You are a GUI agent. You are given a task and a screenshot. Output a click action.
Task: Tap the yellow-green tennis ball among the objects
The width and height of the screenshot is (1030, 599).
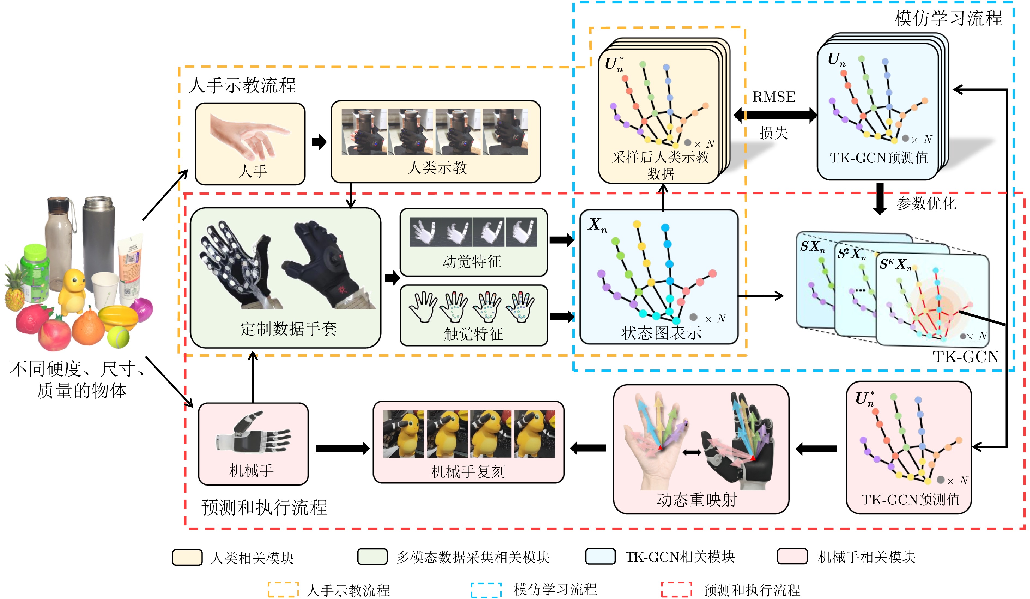[x=119, y=336]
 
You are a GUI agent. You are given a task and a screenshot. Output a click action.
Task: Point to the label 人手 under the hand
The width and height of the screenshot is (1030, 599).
[x=253, y=171]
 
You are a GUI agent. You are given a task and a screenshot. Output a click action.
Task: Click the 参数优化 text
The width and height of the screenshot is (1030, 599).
[x=926, y=203]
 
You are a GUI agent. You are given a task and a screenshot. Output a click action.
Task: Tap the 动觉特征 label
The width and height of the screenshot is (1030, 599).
[x=472, y=261]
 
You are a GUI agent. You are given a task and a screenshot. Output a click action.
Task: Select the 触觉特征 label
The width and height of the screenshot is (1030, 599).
[x=473, y=334]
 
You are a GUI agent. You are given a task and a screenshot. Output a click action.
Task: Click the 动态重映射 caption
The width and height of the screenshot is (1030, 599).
[x=696, y=500]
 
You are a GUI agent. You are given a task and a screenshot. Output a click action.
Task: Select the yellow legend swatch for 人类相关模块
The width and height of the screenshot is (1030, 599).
[x=187, y=557]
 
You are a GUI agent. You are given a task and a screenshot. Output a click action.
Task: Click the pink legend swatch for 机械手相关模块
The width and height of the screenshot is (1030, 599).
[x=792, y=556]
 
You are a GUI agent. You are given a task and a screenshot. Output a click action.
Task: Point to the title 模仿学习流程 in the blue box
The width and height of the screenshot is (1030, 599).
[x=948, y=18]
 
